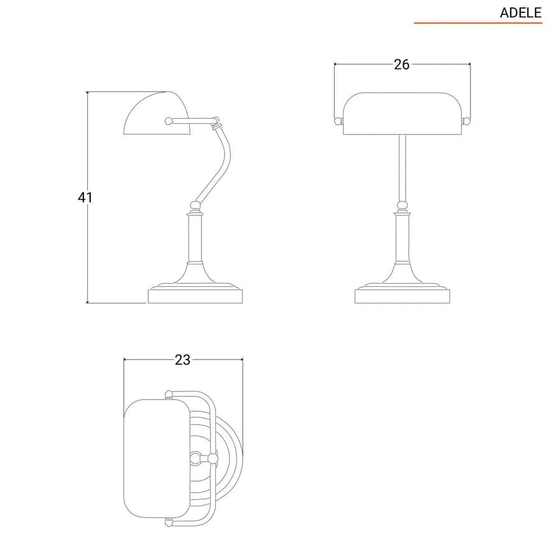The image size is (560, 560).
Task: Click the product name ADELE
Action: (520, 13)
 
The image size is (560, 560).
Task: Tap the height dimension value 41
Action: (85, 197)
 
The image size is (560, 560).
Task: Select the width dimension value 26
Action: (401, 65)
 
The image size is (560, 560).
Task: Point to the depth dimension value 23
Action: (182, 360)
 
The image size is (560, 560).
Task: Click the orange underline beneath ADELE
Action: (478, 23)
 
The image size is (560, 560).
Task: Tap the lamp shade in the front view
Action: (402, 114)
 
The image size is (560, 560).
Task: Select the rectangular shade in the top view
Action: (156, 459)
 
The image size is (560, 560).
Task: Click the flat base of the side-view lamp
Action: (195, 296)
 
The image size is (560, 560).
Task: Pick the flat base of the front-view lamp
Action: (403, 296)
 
